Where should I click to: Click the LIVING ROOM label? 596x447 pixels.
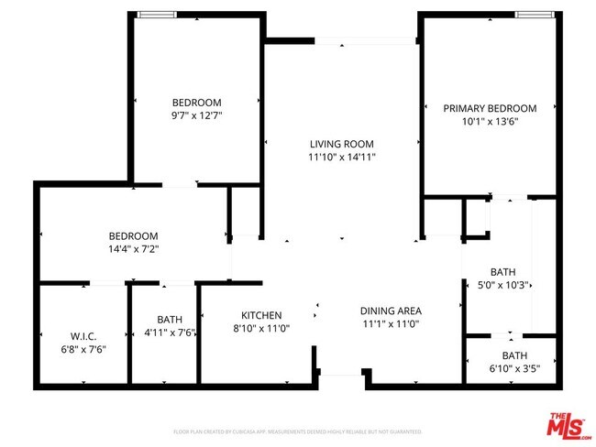click(x=342, y=144)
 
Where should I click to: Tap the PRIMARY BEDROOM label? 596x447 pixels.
click(x=490, y=108)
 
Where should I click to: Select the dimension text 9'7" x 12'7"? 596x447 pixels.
click(x=197, y=115)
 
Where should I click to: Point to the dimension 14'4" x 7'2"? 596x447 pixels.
click(x=134, y=248)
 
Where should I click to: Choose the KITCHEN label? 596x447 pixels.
click(x=261, y=315)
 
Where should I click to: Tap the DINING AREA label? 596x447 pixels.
click(x=390, y=311)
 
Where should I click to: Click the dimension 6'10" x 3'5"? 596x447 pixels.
click(x=514, y=369)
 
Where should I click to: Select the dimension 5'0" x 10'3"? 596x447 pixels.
click(x=502, y=285)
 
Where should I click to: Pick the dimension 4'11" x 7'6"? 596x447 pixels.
click(x=170, y=333)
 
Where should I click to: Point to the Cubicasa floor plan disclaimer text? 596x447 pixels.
click(x=297, y=431)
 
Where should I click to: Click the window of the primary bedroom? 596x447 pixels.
click(x=531, y=14)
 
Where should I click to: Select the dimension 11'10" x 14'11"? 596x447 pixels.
click(x=342, y=157)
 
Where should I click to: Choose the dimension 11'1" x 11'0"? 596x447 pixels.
click(x=390, y=323)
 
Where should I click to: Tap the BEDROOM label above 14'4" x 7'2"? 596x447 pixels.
click(x=134, y=235)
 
